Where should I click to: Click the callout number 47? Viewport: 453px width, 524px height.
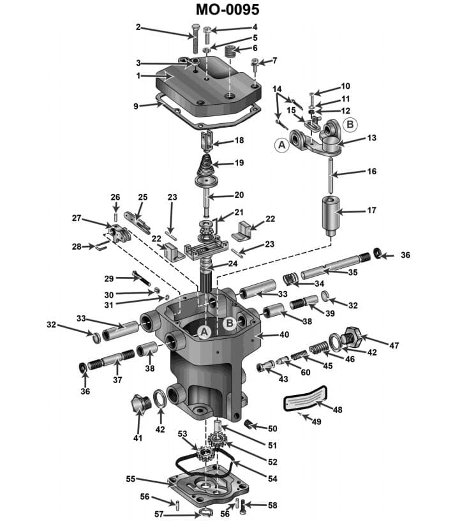[x=394, y=345]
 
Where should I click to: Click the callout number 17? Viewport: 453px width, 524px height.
[x=371, y=210]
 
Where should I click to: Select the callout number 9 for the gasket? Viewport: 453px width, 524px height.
[x=136, y=106]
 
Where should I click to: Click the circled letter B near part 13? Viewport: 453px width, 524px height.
[x=350, y=124]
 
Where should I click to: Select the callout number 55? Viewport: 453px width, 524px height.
[x=130, y=478]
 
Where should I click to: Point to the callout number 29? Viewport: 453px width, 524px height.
[x=108, y=278]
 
